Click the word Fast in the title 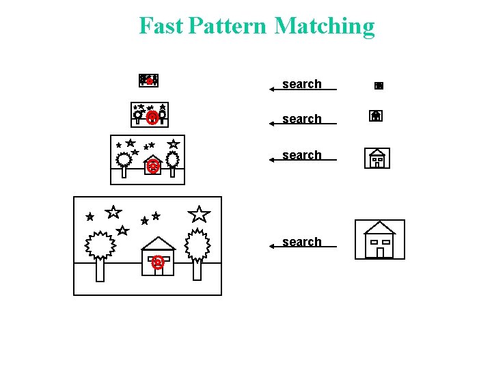click(161, 26)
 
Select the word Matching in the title click(325, 27)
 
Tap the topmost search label click(301, 84)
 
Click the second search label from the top click(301, 119)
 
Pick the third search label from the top click(301, 155)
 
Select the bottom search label click(301, 242)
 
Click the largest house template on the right click(380, 240)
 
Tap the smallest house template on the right click(379, 86)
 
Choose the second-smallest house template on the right click(376, 116)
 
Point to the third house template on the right click(377, 159)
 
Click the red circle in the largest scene click(158, 262)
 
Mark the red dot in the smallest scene click(149, 81)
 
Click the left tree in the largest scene click(100, 247)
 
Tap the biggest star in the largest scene click(199, 214)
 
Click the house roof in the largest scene click(159, 243)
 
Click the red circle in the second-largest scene click(153, 165)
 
